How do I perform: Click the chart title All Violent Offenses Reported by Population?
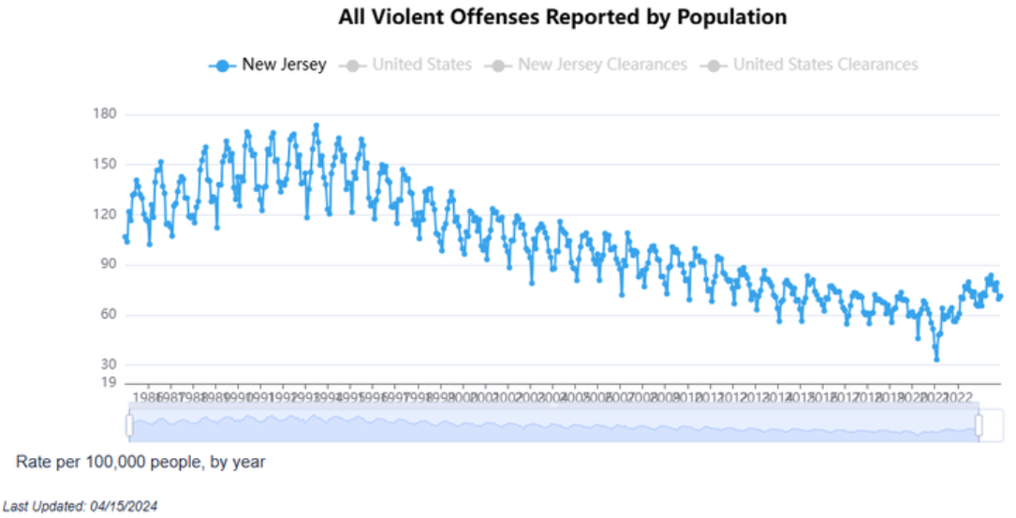562,17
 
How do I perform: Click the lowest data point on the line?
936,359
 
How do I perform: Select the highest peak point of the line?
316,125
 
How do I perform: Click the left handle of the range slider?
130,425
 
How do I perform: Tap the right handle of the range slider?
979,425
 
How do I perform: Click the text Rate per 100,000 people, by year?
140,462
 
